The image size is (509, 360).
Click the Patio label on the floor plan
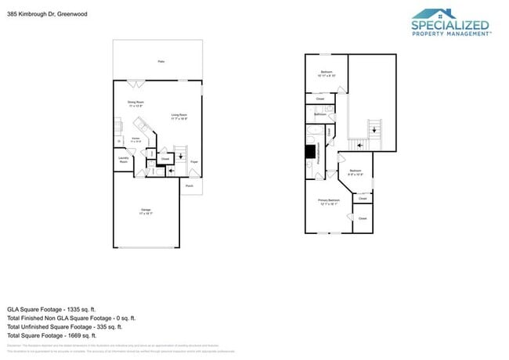point(161,61)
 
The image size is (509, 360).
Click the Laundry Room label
point(124,160)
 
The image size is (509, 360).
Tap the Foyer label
point(193,162)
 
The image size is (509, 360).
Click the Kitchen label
point(136,139)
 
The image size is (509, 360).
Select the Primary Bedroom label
point(329,200)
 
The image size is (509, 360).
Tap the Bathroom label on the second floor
point(320,114)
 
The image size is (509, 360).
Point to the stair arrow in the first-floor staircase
point(182,156)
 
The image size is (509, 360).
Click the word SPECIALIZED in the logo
point(450,25)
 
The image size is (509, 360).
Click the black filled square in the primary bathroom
point(310,152)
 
